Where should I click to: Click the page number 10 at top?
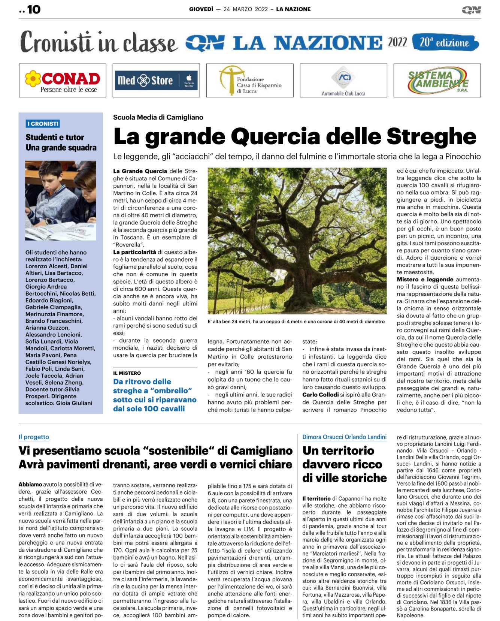coord(33,9)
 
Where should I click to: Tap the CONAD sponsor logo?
coord(63,81)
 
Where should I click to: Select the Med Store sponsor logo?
coord(156,81)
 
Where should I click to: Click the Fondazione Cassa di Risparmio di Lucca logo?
coord(250,81)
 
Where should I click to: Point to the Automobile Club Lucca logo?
coord(343,81)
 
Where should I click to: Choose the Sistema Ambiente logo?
coord(437,81)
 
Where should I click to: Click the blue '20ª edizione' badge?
coord(445,42)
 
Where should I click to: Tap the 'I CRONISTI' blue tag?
coord(43,124)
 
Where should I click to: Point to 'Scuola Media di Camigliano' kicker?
coord(158,117)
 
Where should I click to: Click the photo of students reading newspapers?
coord(61,201)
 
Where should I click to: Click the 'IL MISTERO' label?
coord(127,373)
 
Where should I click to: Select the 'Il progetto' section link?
coord(34,437)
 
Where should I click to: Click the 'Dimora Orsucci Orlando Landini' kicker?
coord(344,437)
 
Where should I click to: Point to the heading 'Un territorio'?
coord(338,450)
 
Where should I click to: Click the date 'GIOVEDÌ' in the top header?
coord(201,9)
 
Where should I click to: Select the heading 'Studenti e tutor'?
coord(55,137)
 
